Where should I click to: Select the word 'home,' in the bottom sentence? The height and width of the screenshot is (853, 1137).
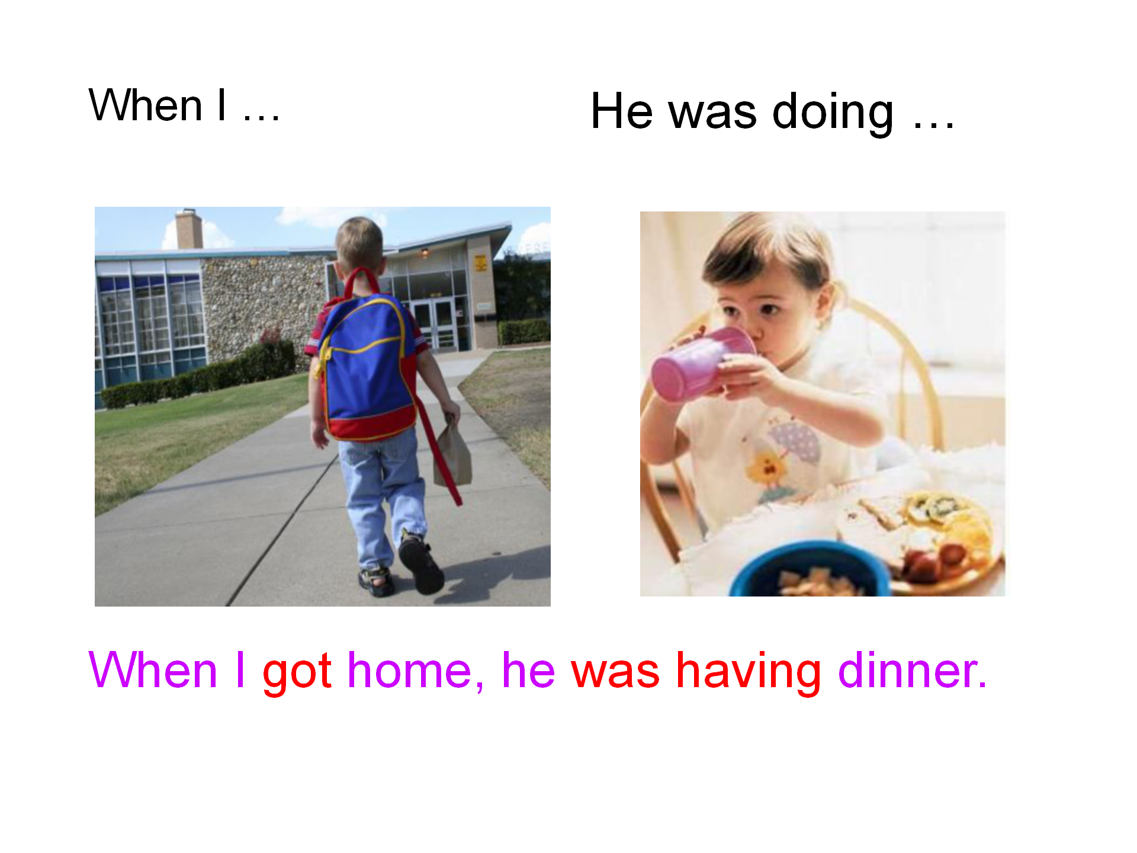416,671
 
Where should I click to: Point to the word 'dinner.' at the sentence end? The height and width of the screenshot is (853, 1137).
913,669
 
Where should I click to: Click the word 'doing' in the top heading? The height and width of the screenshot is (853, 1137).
833,113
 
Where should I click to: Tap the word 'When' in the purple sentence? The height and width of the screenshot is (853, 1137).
153,669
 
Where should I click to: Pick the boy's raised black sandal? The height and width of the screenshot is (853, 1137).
421,563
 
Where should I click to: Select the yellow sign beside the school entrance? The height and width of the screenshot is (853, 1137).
480,262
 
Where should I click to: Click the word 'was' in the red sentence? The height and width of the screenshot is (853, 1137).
615,673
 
